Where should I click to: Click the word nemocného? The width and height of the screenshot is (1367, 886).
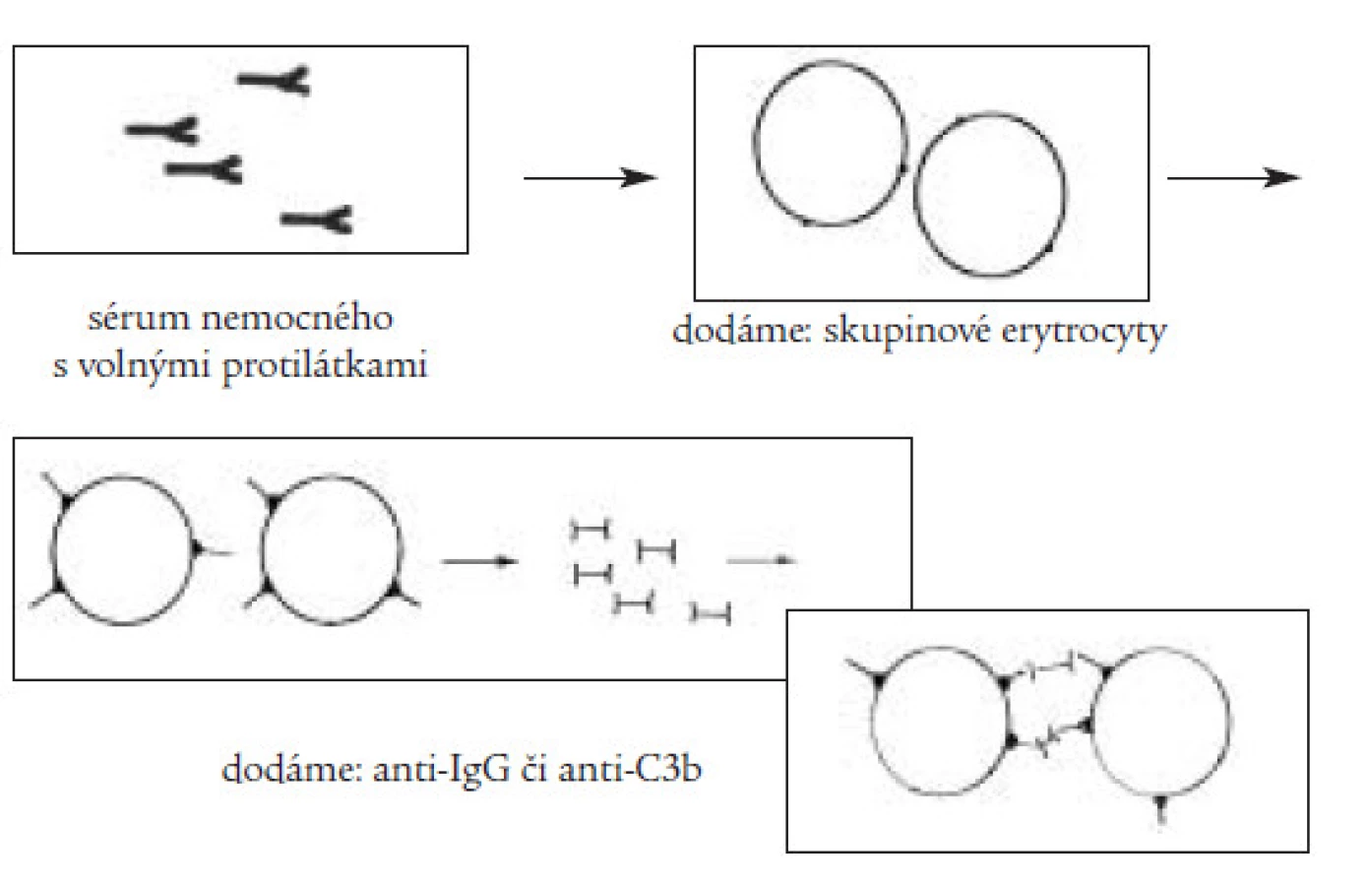pyautogui.click(x=297, y=319)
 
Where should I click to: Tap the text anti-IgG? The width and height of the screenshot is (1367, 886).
pyautogui.click(x=441, y=770)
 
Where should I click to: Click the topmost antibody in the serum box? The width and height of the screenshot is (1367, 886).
pyautogui.click(x=274, y=80)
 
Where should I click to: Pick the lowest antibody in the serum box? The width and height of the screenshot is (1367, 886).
pyautogui.click(x=317, y=220)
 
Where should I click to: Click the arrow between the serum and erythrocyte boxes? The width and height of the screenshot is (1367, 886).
pyautogui.click(x=590, y=178)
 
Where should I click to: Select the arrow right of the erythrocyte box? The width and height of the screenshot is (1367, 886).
pyautogui.click(x=1234, y=178)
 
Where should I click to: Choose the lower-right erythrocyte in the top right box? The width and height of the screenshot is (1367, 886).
pyautogui.click(x=915, y=194)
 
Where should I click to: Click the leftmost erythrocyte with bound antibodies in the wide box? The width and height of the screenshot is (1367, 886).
pyautogui.click(x=53, y=549)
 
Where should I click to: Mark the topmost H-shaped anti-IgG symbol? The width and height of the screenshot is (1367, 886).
pyautogui.click(x=590, y=530)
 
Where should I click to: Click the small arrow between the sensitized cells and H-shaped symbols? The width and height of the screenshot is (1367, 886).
pyautogui.click(x=479, y=561)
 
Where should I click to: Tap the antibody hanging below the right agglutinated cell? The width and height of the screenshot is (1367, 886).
pyautogui.click(x=1160, y=812)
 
